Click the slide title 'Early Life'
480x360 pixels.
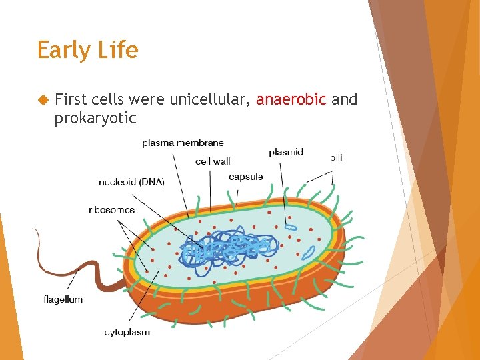(87, 51)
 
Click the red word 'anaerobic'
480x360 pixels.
(291, 99)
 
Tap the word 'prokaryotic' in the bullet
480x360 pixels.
(95, 118)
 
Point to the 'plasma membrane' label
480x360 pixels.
(183, 143)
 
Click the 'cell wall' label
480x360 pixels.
(213, 161)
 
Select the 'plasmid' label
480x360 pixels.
(286, 152)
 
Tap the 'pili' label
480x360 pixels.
(336, 157)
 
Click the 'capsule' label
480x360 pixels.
(245, 177)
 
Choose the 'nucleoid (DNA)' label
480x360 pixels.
(131, 182)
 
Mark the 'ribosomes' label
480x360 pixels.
(111, 210)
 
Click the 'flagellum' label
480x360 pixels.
(63, 299)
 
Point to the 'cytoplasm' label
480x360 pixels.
(127, 332)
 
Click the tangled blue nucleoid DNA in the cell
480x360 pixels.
(227, 250)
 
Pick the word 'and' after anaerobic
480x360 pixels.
(345, 99)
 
